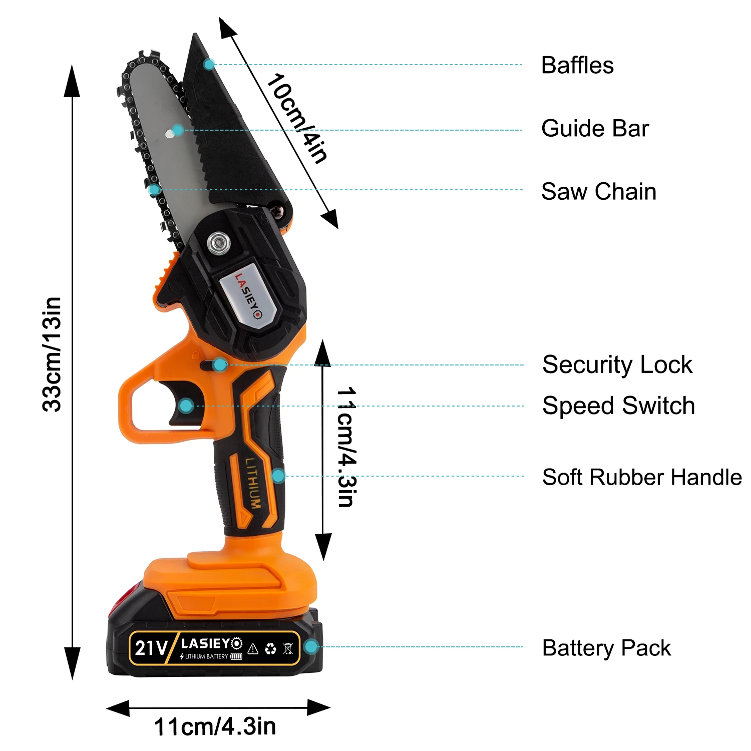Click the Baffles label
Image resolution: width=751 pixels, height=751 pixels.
click(x=577, y=66)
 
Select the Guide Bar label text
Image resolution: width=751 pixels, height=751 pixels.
click(x=595, y=129)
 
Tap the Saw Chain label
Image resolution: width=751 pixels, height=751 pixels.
click(x=598, y=192)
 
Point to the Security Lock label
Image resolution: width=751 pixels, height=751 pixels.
click(x=617, y=365)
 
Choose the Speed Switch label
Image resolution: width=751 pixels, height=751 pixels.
click(x=618, y=406)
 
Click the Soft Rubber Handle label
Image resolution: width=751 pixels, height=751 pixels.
click(x=642, y=477)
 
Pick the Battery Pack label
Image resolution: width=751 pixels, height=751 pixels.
click(x=606, y=648)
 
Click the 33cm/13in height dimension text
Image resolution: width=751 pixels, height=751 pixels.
click(x=52, y=354)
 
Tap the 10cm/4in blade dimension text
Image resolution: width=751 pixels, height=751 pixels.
click(x=296, y=118)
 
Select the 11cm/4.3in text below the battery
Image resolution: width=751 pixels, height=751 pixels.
click(x=215, y=726)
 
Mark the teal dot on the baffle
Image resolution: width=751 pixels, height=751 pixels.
click(x=209, y=64)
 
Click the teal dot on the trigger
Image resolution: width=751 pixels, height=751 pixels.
click(x=186, y=406)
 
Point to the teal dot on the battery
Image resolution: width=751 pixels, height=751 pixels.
click(x=311, y=647)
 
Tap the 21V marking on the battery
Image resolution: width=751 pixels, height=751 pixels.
click(x=150, y=648)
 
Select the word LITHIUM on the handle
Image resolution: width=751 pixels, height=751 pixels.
click(x=253, y=483)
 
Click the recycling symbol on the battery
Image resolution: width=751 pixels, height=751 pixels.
click(x=270, y=649)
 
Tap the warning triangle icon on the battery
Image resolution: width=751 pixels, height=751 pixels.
click(x=253, y=649)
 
